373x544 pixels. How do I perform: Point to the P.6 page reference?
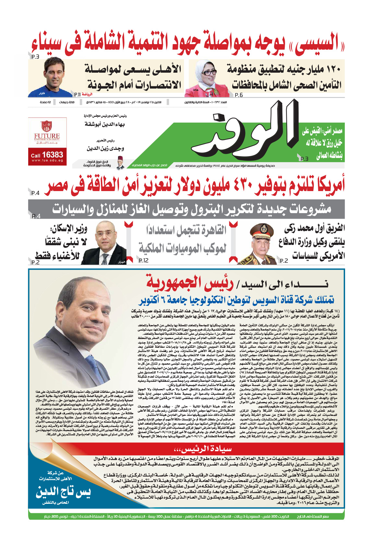coord(239,95)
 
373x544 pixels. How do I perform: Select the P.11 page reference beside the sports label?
coord(78,95)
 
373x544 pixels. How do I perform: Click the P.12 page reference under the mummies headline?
coord(143,260)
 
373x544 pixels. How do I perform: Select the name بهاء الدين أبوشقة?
coord(104,125)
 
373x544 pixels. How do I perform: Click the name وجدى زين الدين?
coord(105,149)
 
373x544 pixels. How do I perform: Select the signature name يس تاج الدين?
coord(63,493)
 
